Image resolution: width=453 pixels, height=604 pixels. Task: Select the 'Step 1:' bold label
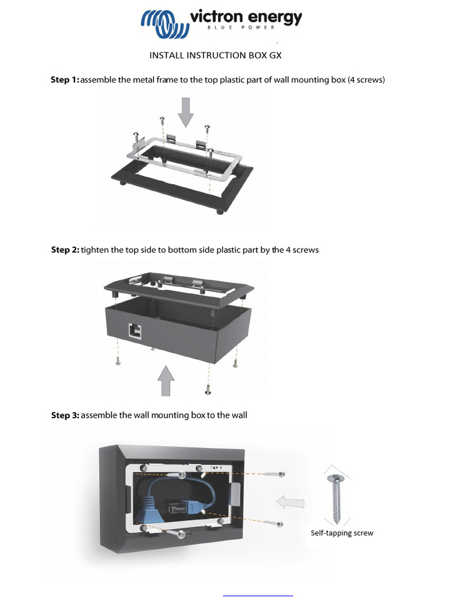click(x=65, y=80)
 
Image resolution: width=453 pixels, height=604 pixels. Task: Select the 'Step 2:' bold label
click(x=65, y=250)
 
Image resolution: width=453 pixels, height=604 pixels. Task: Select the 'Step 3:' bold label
click(x=65, y=415)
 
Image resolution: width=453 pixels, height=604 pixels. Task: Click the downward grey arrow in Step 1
click(x=185, y=112)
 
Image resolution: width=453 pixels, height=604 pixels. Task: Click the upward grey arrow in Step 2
click(x=167, y=380)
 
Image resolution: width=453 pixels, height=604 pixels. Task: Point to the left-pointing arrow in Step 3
click(x=291, y=503)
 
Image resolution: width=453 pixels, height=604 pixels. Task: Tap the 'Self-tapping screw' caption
click(x=342, y=533)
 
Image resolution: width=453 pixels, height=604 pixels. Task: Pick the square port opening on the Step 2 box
click(x=134, y=330)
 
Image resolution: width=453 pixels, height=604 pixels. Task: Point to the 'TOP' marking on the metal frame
click(x=215, y=467)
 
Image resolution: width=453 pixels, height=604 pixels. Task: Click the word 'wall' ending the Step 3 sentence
click(x=239, y=415)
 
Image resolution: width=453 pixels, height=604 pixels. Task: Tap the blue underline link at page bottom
click(x=258, y=596)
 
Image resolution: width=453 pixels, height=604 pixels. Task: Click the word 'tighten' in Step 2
click(x=94, y=250)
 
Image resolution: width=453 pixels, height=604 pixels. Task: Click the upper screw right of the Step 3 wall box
click(x=275, y=474)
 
